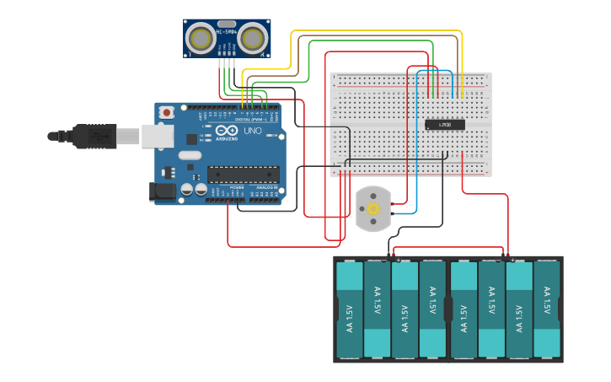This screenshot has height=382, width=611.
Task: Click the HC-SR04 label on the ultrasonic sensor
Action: pos(227,32)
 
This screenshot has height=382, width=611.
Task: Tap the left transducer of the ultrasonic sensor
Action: pos(201,38)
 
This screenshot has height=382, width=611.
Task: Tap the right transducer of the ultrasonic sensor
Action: pos(253,38)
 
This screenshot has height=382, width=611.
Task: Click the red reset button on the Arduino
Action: pos(167,111)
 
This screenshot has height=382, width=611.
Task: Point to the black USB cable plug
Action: pos(93,135)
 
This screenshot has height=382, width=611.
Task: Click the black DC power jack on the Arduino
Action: pos(163,191)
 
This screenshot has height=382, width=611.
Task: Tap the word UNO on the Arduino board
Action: pos(253,131)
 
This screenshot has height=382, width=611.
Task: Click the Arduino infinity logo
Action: pos(227,131)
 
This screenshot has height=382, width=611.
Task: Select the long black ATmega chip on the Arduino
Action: pos(244,175)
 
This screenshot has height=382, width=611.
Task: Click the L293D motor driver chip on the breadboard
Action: pos(444,125)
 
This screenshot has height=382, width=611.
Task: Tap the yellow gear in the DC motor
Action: pos(372,208)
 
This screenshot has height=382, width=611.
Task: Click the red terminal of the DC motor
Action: pos(394,203)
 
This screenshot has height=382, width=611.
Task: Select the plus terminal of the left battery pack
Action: pos(398,260)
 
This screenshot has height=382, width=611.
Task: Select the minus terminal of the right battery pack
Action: pos(499,260)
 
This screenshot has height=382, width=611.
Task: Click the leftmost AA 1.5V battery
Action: pos(350,309)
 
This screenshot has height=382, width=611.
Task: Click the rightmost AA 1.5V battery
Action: pos(547,309)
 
